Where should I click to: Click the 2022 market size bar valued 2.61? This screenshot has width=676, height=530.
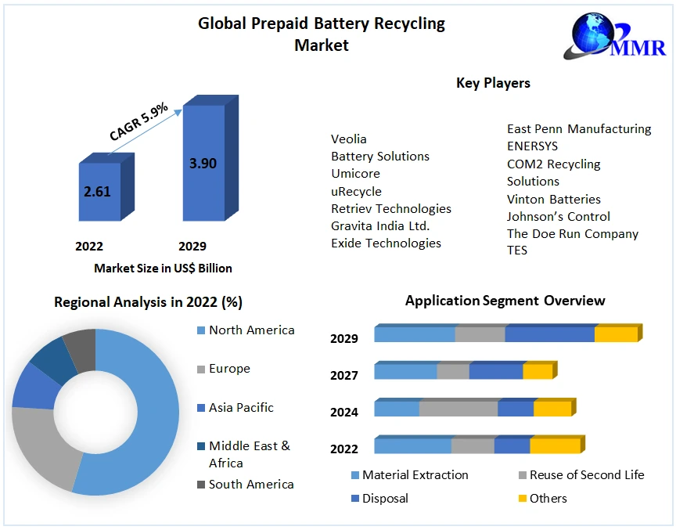[99, 191]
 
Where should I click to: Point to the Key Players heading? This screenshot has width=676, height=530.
[493, 83]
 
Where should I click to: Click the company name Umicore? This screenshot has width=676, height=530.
[355, 174]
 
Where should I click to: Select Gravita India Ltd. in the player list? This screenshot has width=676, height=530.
[380, 225]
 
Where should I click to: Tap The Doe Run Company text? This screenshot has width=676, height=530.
[572, 233]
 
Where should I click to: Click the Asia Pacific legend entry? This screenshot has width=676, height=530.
[241, 407]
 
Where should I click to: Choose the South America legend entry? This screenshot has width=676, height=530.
[250, 484]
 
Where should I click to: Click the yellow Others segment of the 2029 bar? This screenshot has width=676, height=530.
[616, 334]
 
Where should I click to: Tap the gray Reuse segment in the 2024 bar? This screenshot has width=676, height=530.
[458, 409]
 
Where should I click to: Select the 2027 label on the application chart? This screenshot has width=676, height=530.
[344, 375]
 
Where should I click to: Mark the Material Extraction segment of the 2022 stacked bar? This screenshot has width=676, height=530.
[412, 445]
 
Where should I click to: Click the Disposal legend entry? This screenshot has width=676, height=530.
[384, 498]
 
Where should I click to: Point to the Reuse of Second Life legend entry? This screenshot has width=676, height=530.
[586, 474]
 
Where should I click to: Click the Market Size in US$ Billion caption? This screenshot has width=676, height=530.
[163, 268]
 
